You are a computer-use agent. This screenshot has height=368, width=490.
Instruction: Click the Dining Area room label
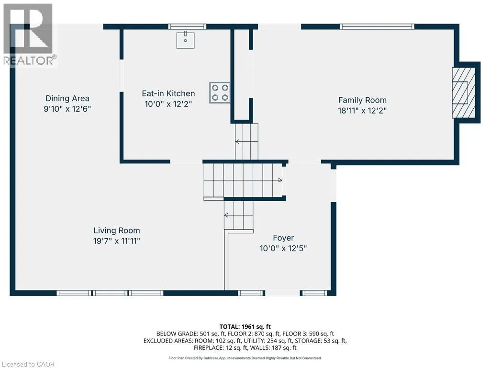(67, 98)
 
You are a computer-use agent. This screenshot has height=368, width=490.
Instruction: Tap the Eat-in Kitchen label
(168, 93)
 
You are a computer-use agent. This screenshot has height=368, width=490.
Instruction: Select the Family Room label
(362, 100)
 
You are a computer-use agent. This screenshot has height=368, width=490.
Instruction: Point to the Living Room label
(117, 230)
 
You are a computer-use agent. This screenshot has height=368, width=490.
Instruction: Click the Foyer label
(283, 238)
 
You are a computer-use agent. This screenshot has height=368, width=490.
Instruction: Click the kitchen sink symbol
(185, 40)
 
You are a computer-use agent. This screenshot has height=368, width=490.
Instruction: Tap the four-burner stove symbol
(220, 92)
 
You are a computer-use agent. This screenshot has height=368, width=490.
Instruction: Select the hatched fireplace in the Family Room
(463, 92)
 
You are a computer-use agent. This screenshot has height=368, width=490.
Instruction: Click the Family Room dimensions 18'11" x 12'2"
(362, 111)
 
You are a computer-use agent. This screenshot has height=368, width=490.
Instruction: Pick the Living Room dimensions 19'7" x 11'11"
(117, 241)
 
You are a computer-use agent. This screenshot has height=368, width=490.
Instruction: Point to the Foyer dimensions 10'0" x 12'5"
(283, 249)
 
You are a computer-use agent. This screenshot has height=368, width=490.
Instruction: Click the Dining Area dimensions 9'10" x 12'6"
(67, 109)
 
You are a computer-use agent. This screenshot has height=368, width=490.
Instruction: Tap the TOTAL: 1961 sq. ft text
(245, 327)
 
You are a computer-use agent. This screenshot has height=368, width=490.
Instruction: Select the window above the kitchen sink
(187, 27)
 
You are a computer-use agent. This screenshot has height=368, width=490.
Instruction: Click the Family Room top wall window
(377, 27)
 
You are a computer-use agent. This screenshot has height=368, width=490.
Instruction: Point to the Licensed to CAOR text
(28, 364)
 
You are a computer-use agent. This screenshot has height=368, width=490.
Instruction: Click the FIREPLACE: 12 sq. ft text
(218, 348)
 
